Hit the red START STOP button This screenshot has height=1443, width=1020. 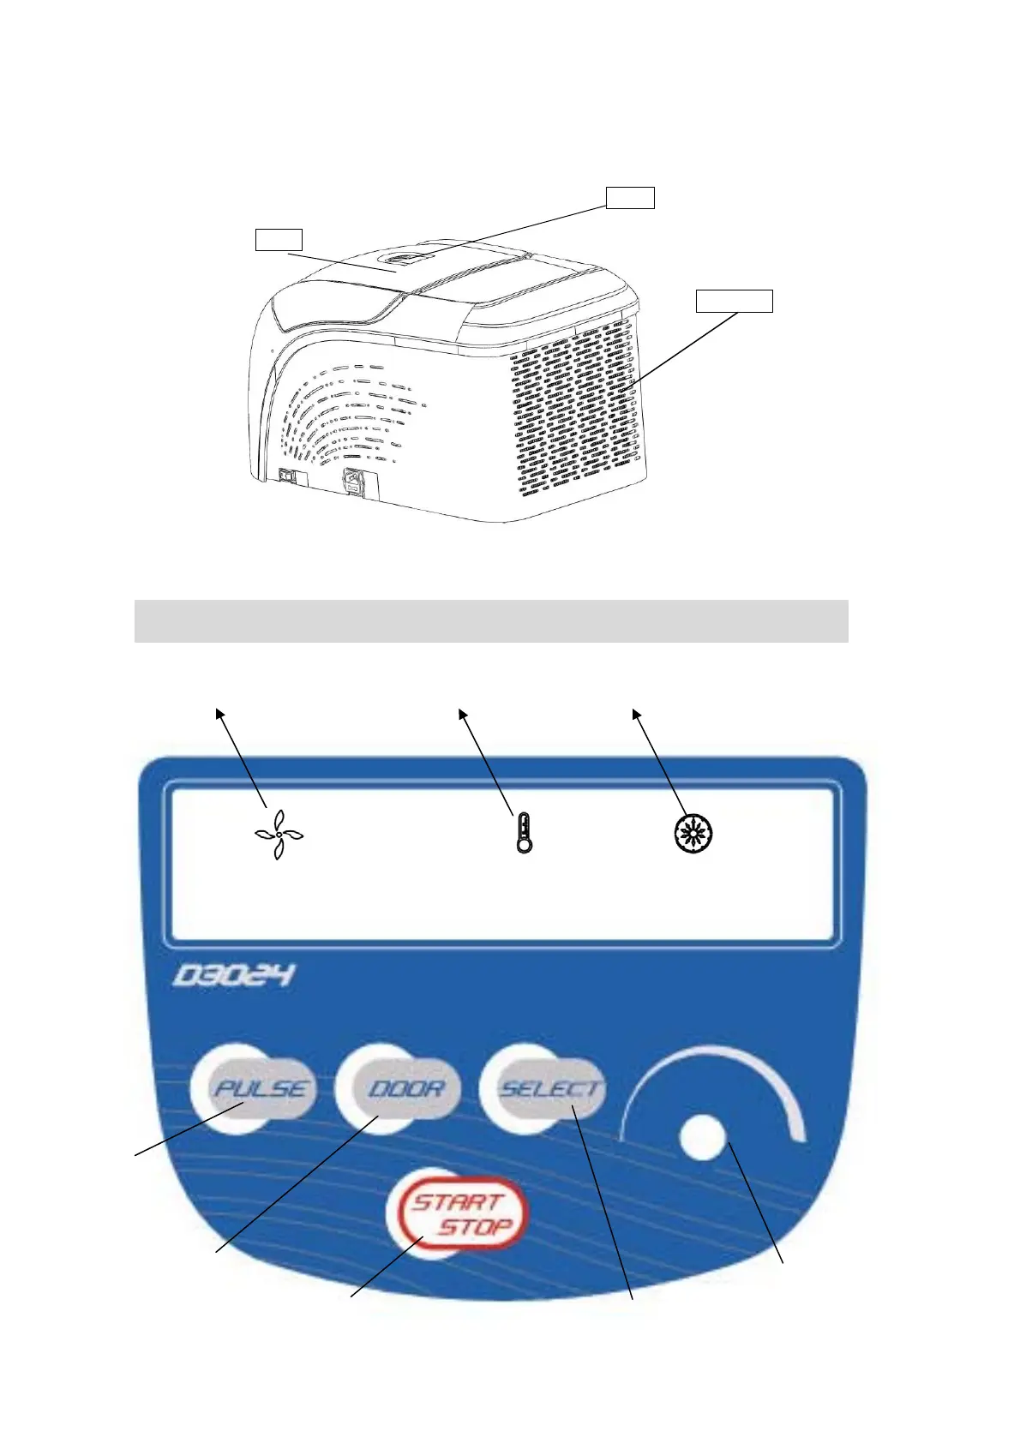[459, 1214]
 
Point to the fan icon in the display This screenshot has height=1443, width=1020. [279, 834]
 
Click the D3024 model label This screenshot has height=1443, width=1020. [233, 975]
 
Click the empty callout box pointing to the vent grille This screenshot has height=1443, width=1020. [734, 301]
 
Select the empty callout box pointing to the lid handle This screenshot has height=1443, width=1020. [630, 197]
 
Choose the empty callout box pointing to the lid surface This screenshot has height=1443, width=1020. [279, 239]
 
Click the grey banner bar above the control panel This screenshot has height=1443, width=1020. [491, 620]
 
